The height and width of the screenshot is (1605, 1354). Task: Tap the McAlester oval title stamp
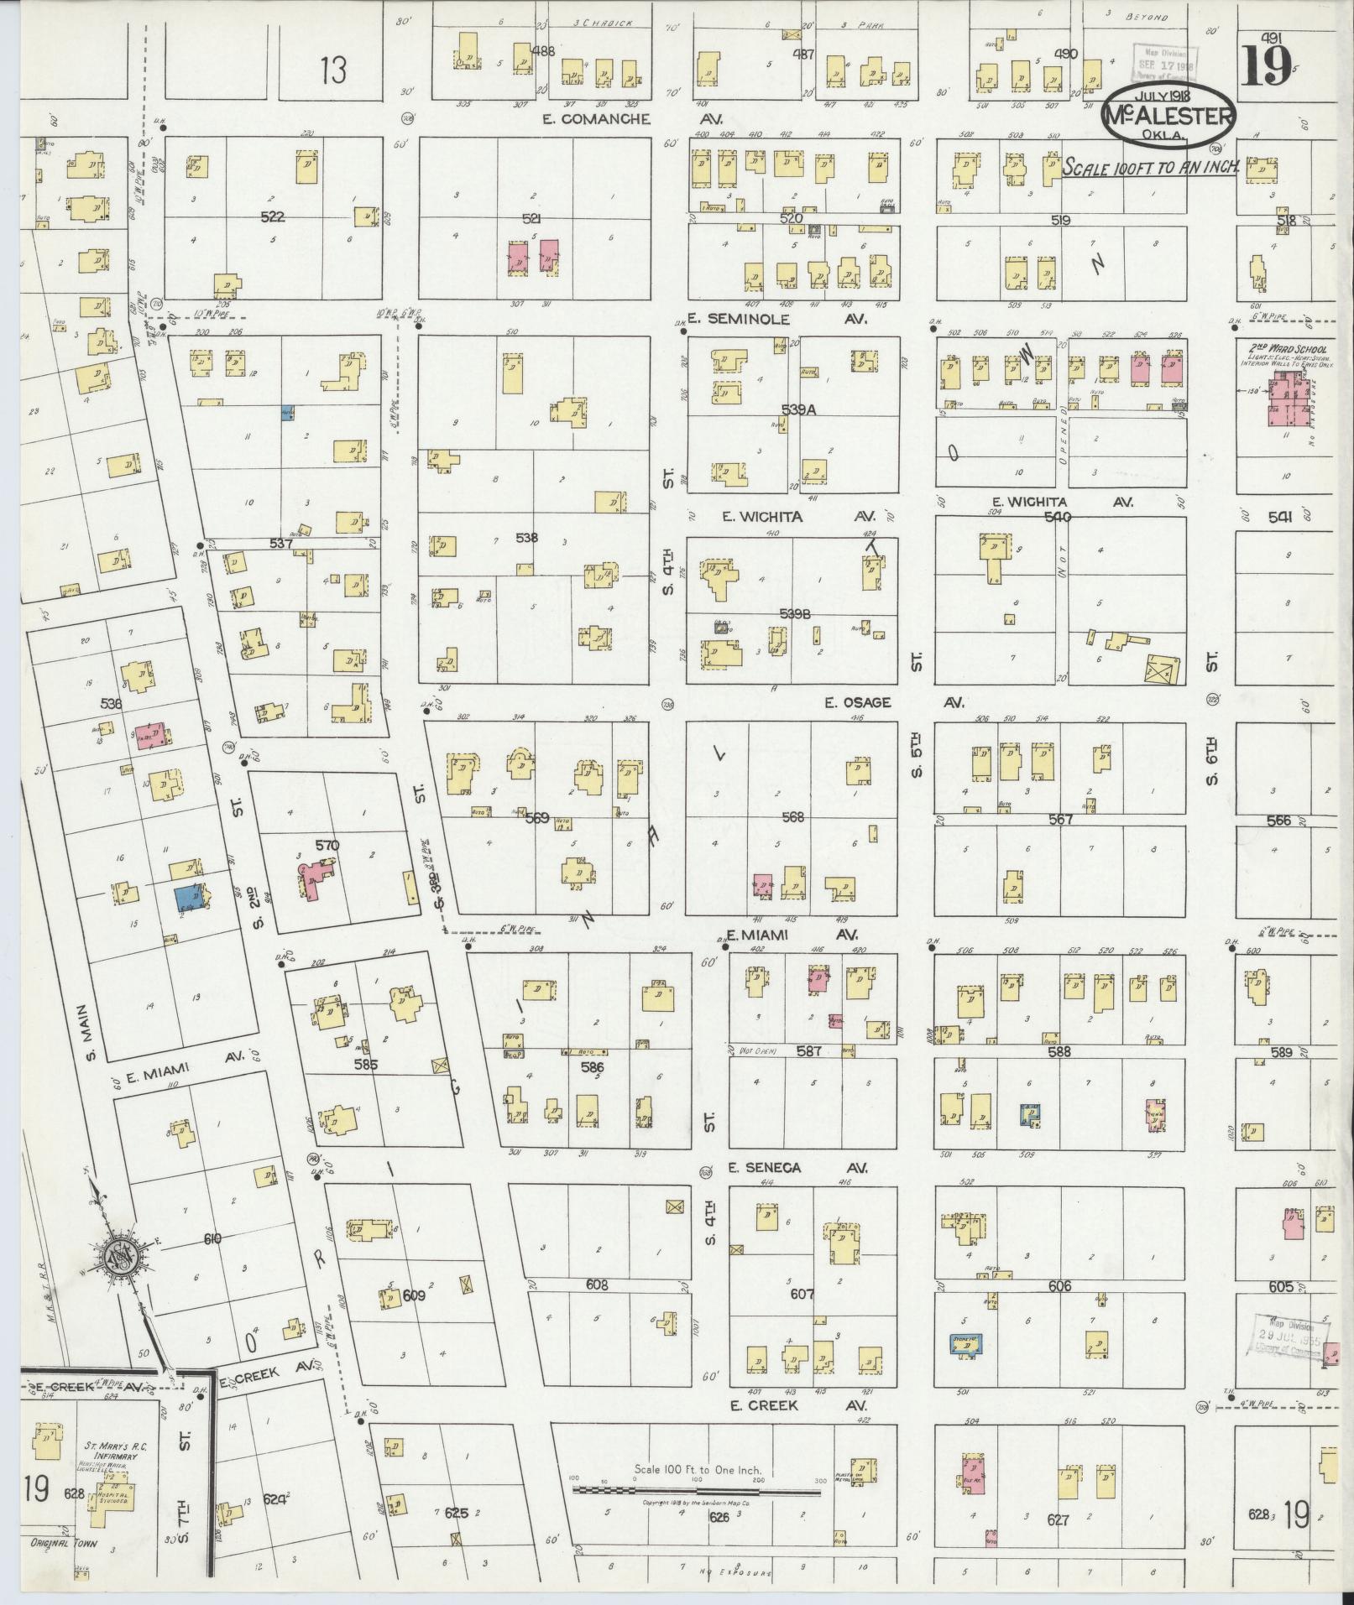click(x=1168, y=117)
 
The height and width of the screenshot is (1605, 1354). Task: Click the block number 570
click(x=327, y=846)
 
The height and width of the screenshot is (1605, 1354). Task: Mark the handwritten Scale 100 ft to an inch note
click(x=1151, y=167)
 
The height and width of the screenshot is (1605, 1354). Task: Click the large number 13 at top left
click(x=332, y=70)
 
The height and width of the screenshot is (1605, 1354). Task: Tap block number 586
click(x=592, y=1067)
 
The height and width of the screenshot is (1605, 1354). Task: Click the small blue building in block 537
click(x=287, y=413)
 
